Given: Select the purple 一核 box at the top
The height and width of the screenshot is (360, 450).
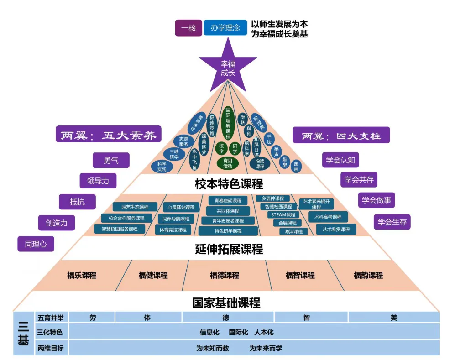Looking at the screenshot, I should point(188,28).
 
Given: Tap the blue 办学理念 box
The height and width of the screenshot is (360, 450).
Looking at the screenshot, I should point(225,28).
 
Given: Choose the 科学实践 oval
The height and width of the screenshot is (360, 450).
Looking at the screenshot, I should point(162,167).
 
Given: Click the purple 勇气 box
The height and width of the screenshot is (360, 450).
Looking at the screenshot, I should point(110,160).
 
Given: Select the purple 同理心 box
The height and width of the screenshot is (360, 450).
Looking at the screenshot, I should point(36,244).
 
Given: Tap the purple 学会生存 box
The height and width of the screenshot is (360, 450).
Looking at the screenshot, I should point(392,222).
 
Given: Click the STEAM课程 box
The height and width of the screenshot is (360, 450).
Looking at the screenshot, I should point(283,215).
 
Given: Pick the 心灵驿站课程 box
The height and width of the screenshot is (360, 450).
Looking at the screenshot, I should point(181,207).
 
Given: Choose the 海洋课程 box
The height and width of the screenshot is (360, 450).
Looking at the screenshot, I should point(291,231).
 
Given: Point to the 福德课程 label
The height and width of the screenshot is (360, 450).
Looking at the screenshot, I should point(225,275).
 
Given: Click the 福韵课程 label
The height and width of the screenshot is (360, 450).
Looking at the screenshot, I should point(368,275).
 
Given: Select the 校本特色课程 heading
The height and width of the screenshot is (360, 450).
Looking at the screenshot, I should point(229,184).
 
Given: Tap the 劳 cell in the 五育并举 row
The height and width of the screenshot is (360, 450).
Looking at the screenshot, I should point(93,318).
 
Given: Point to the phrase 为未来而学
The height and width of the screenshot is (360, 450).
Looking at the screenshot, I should point(266,348).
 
